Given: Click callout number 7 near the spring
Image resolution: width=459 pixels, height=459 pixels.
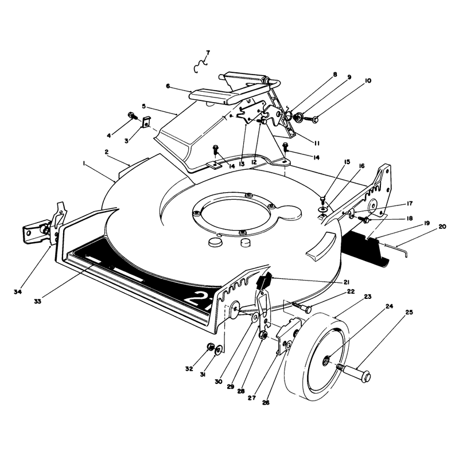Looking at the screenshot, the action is [208, 53].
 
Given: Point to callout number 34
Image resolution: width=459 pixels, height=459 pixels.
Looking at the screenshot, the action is [18, 291].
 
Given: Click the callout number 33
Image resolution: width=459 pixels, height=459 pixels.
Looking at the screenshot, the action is [37, 301].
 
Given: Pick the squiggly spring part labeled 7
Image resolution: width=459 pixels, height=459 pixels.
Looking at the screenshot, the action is [200, 67].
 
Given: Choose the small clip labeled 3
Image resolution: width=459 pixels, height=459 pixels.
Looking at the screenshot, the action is [146, 122].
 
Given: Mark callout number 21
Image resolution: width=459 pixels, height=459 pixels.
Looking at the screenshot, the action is [347, 282].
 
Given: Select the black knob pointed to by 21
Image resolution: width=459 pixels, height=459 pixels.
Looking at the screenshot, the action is [264, 281].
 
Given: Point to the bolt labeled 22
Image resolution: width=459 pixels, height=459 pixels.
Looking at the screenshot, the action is [302, 306].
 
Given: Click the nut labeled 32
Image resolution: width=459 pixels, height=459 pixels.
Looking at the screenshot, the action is [211, 347].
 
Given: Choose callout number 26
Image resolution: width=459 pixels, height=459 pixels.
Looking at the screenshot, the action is [266, 403].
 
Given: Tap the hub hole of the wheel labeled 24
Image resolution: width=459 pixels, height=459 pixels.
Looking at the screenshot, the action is [326, 360].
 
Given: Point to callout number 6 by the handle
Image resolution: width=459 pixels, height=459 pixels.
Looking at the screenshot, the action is [168, 86].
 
